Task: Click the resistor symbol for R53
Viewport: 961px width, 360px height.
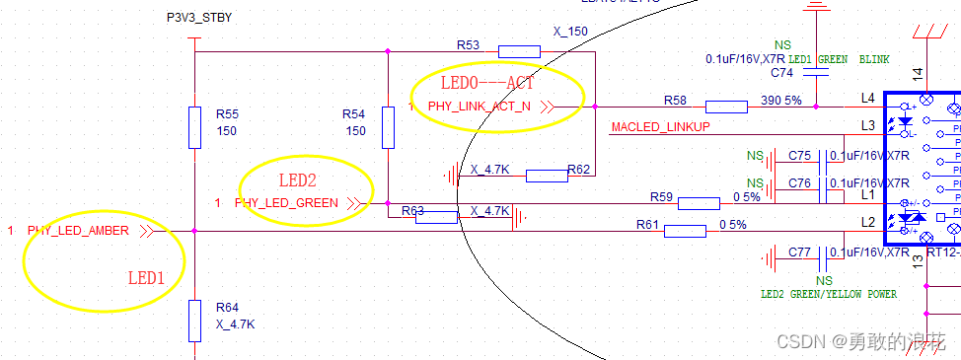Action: coord(519,52)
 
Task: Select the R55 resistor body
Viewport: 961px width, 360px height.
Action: coord(195,125)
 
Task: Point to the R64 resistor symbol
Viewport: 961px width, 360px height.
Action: coord(195,319)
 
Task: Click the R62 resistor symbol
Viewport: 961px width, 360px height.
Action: coord(546,176)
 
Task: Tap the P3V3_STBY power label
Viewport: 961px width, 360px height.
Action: coord(199,18)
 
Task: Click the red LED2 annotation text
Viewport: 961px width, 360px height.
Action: coord(297,180)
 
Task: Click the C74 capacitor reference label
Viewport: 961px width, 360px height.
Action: coord(781,73)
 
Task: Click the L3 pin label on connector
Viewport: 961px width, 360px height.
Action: coord(867,125)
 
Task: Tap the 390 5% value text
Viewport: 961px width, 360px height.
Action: coord(781,101)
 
